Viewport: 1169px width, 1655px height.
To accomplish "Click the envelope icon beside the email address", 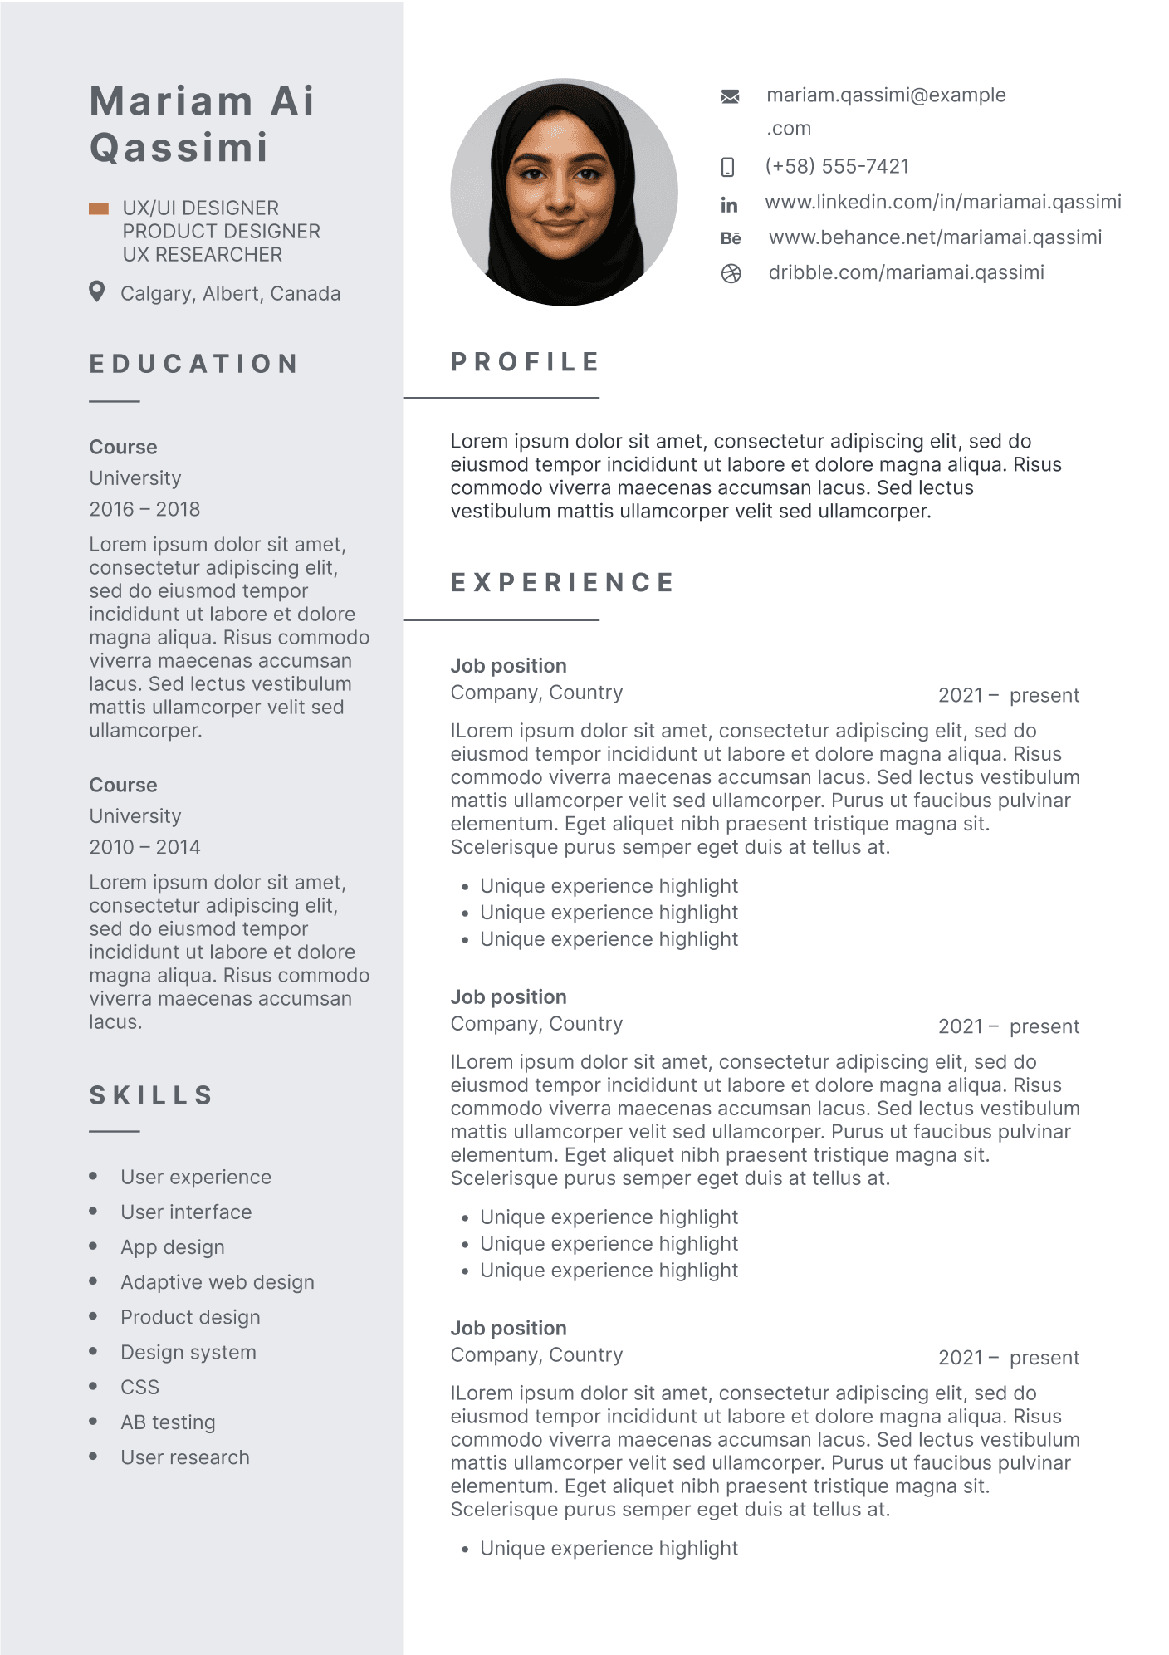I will pos(730,96).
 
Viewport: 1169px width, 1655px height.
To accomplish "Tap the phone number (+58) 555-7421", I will pos(837,166).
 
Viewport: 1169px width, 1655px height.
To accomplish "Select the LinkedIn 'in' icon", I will pos(729,205).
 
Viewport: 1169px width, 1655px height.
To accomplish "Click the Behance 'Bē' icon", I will pos(731,239).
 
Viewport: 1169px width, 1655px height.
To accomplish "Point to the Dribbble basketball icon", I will pos(731,274).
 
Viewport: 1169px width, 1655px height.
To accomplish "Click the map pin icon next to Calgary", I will pos(97,291).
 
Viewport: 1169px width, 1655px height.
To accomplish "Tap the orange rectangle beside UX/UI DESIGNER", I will pos(99,208).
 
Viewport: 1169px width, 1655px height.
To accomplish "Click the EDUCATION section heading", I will pos(194,364).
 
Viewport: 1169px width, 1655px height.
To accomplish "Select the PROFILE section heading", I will pos(525,362).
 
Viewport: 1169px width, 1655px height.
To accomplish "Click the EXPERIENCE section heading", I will pos(562,583).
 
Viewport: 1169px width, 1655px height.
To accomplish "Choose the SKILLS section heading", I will pos(151,1095).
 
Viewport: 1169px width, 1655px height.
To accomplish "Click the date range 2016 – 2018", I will pos(144,509).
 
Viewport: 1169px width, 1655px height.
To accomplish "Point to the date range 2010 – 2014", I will pos(144,847).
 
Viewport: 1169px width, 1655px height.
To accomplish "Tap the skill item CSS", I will pos(139,1388).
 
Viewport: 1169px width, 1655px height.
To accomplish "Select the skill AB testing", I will pos(168,1422).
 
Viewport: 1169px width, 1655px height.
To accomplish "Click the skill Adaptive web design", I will pos(218,1282).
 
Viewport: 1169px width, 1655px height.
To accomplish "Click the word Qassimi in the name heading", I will pos(179,148).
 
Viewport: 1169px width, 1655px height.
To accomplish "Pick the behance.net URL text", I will pos(935,237).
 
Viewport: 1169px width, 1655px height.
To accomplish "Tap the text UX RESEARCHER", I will pos(203,255).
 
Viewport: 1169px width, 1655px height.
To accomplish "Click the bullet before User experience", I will pos(93,1176).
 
